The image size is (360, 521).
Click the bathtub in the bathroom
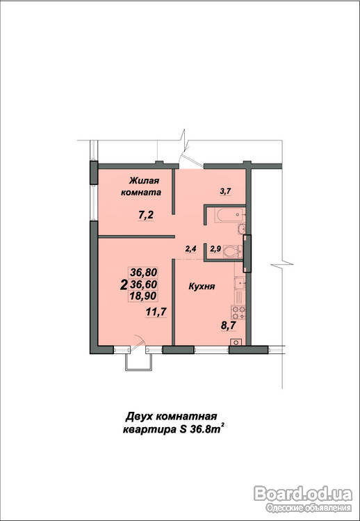coord(230,214)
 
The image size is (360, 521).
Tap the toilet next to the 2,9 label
coord(234,252)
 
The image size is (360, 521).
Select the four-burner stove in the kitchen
coord(238,312)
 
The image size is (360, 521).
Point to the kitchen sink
coord(240,283)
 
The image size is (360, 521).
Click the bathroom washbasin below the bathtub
coord(241,229)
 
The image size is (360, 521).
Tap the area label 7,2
coord(146,216)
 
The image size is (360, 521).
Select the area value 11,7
coord(156,312)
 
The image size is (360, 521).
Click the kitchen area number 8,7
coord(228,325)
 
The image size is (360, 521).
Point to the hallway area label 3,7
coord(225,191)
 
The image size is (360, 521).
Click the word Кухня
coord(202,287)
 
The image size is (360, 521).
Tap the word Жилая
coord(145,181)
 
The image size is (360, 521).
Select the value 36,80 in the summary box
coord(143,273)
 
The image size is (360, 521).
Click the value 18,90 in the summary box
coord(143,296)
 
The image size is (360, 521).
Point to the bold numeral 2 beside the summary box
coord(124,284)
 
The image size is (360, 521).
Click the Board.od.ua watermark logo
coord(303,494)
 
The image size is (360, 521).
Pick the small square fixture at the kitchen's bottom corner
coord(236,342)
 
